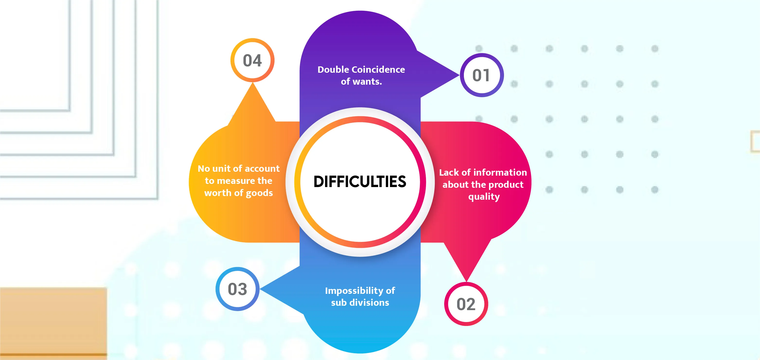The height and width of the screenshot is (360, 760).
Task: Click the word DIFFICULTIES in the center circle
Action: [x=360, y=181]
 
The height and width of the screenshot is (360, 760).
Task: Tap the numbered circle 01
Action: [x=481, y=75]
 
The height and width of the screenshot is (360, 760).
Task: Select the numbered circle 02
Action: [x=466, y=304]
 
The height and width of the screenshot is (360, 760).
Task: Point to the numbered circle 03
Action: [x=238, y=289]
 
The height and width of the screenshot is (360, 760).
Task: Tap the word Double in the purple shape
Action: [x=333, y=70]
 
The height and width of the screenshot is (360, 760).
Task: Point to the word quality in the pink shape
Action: [x=484, y=197]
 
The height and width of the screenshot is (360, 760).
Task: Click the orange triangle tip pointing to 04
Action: [x=253, y=86]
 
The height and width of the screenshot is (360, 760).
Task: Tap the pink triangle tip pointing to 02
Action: [x=466, y=279]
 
